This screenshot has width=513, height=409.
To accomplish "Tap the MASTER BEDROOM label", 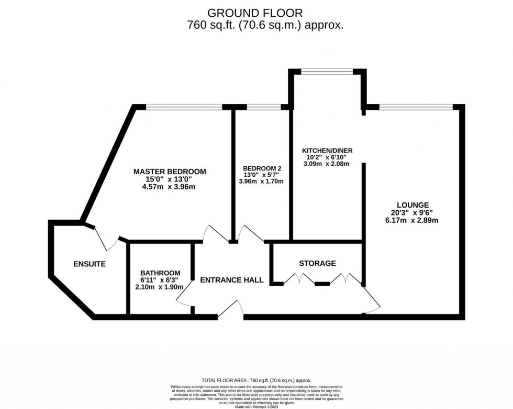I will tap(169, 171).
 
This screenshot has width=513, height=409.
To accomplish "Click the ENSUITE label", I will tap(89, 264).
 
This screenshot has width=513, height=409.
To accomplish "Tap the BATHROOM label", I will tap(160, 273).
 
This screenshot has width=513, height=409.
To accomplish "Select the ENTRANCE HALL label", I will tap(232, 280).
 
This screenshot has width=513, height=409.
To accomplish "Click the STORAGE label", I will tap(317, 263).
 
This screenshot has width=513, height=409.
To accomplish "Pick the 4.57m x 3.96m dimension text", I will tap(169, 187).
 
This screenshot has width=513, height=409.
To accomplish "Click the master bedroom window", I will tap(184, 107).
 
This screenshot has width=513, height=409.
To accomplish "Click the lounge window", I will tap(416, 107).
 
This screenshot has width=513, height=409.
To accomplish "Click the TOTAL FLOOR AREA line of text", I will tap(256, 380).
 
